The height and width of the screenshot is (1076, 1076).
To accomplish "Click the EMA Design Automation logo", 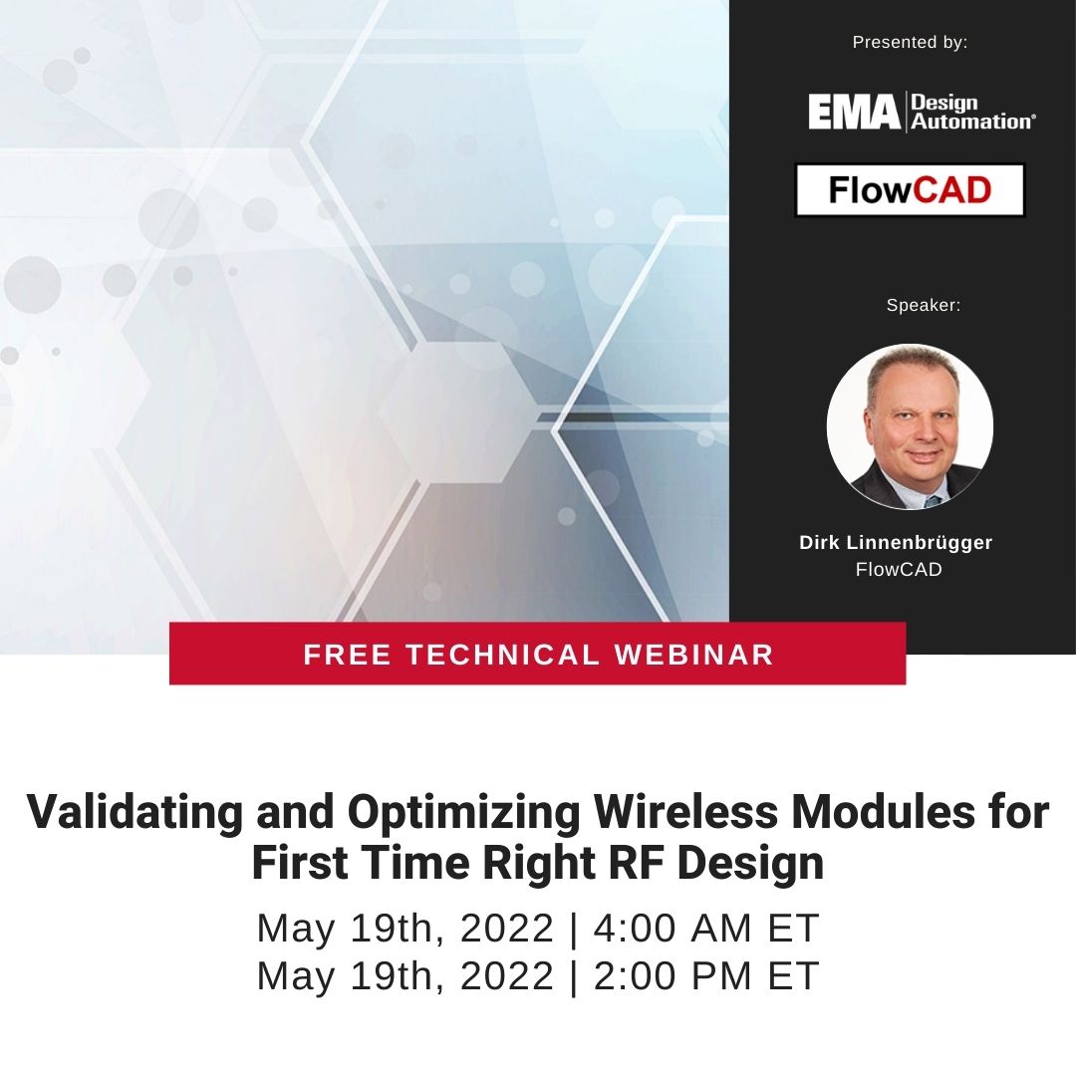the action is [x=922, y=112].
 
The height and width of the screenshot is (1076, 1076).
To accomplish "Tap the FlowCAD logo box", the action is [x=910, y=190].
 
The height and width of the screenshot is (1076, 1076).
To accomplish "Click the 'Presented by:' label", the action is [x=910, y=43].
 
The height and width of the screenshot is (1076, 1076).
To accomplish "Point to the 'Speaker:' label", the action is [x=923, y=306].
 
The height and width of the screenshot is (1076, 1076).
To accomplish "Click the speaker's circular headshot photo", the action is [x=910, y=426].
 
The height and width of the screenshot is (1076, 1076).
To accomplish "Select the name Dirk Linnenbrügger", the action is [x=896, y=543].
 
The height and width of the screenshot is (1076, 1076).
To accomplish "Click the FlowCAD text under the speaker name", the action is [x=899, y=570].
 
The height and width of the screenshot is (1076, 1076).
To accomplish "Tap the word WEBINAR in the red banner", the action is [x=693, y=655].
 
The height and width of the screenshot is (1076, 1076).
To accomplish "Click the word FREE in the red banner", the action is [x=348, y=655].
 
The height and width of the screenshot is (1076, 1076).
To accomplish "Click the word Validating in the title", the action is [x=134, y=812].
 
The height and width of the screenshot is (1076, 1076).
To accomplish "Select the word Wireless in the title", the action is [x=685, y=812].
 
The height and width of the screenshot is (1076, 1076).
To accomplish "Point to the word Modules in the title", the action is [x=883, y=812].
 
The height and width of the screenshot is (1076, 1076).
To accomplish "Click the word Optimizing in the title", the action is [x=463, y=812].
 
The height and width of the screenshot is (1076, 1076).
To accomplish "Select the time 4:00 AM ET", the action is [x=706, y=928].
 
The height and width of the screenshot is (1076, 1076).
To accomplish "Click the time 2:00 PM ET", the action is [x=706, y=975].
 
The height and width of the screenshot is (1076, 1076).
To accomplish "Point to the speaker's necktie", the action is [x=933, y=500].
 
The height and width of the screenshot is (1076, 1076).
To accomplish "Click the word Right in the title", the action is [x=539, y=864].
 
